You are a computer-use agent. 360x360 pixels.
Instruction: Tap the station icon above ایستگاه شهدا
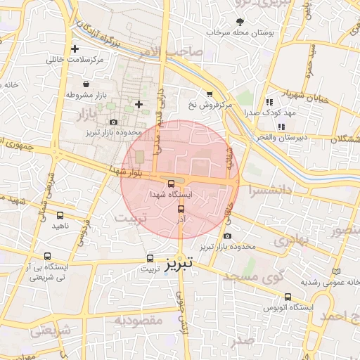(172, 184)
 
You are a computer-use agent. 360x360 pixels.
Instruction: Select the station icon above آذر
(181, 210)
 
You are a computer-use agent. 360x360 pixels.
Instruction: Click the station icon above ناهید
(60, 216)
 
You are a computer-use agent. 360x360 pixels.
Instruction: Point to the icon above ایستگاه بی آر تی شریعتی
(47, 257)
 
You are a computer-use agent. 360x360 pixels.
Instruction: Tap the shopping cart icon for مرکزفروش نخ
(210, 94)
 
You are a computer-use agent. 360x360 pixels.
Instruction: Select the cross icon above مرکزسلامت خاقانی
(75, 49)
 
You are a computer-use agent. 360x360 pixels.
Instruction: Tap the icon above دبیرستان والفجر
(281, 127)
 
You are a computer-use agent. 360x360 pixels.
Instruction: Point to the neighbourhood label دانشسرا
(266, 190)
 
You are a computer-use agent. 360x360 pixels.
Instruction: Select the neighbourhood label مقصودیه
(134, 321)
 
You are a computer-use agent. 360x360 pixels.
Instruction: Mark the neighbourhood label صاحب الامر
(179, 51)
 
